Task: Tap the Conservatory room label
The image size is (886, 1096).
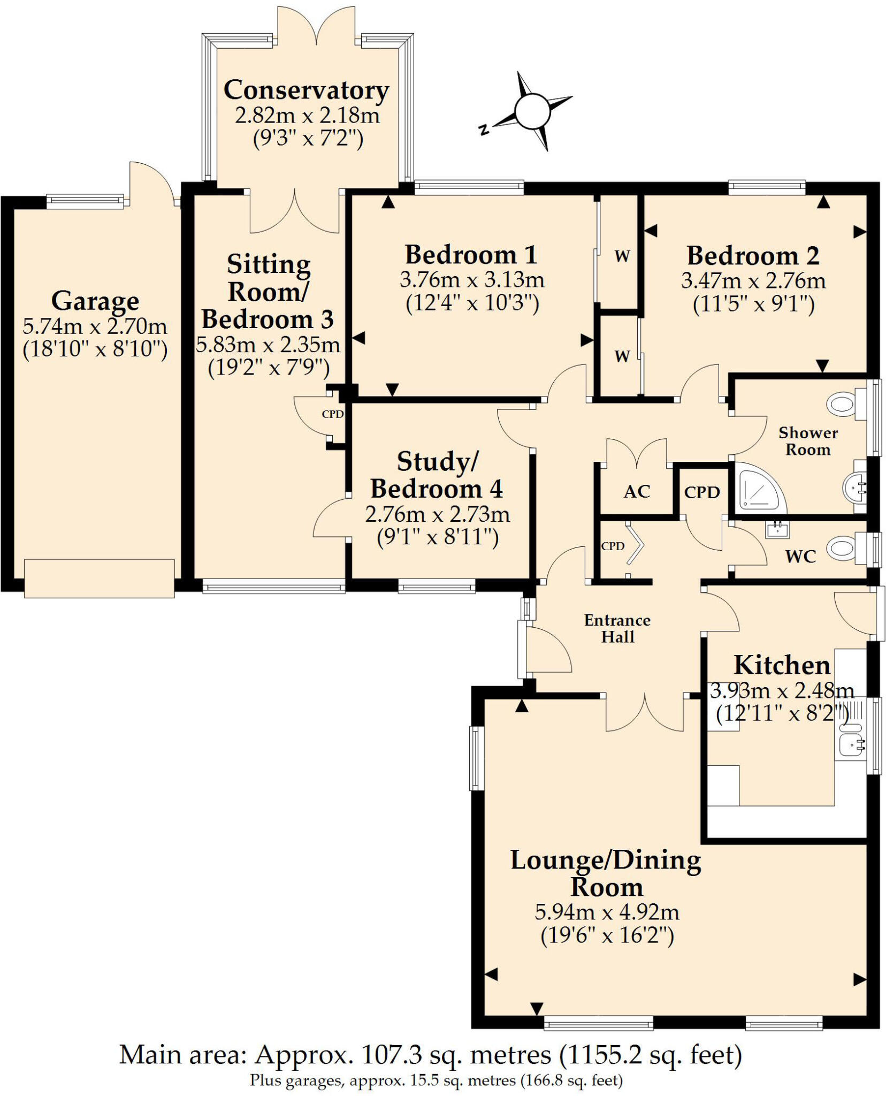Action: click(306, 90)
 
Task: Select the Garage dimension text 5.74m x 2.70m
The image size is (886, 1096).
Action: click(95, 326)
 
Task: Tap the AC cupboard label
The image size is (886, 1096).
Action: click(637, 491)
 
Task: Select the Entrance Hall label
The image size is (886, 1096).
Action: click(617, 628)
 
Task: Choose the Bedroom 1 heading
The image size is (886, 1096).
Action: click(471, 255)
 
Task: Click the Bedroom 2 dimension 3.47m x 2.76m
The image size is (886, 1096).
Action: click(753, 281)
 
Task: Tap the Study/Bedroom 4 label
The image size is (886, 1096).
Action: click(437, 475)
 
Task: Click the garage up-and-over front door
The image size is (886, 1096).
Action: click(99, 578)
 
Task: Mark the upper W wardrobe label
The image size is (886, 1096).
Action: click(622, 256)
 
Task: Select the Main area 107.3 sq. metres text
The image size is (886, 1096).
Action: click(430, 1055)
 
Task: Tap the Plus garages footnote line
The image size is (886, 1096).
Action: click(436, 1080)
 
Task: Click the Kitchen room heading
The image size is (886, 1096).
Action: click(782, 665)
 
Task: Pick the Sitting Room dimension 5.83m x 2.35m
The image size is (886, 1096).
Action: click(268, 345)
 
